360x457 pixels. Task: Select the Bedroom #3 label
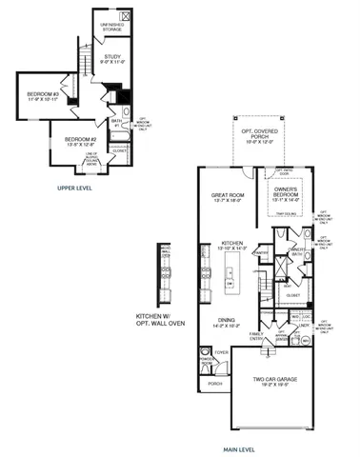(43, 96)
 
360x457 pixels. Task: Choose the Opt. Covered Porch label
(252, 132)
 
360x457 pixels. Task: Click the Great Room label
(229, 198)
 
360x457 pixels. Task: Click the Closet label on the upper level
(119, 149)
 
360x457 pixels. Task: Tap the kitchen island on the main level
(230, 277)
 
